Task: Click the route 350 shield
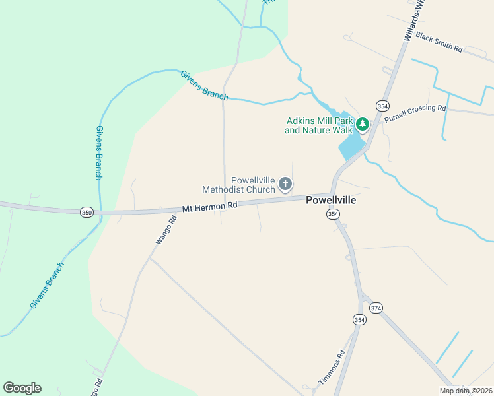click(x=87, y=212)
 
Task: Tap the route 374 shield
click(x=376, y=308)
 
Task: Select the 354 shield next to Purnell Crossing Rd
click(x=382, y=106)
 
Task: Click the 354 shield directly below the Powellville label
click(x=333, y=214)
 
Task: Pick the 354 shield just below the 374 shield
click(x=359, y=319)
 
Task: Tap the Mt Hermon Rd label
click(x=209, y=207)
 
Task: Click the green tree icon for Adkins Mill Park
click(x=362, y=124)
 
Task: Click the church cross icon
click(x=285, y=183)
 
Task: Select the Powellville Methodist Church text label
click(x=252, y=185)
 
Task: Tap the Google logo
click(x=22, y=387)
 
